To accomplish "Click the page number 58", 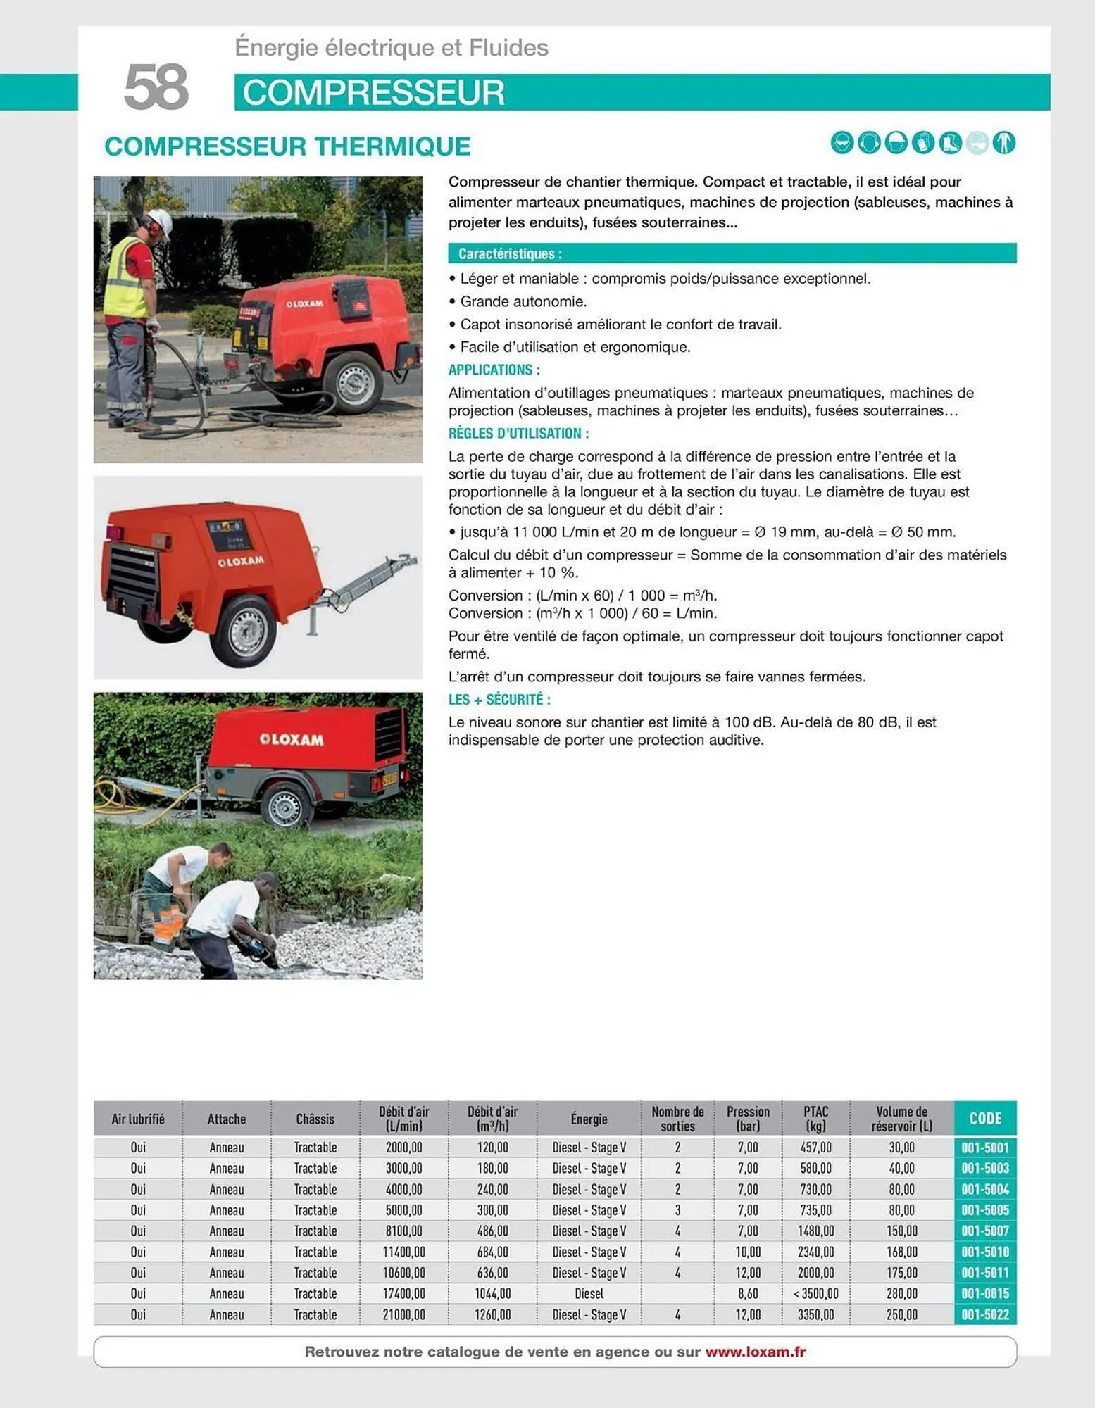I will [156, 87].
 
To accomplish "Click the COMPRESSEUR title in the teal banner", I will [373, 93].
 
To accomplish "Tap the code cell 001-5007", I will [984, 1231].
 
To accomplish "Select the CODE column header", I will [984, 1118].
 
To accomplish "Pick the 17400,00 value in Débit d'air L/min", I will [403, 1293].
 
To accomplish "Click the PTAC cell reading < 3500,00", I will [815, 1293].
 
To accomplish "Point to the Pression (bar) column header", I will [748, 1118].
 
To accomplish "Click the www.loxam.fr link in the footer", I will [755, 1352].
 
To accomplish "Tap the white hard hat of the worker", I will [161, 221].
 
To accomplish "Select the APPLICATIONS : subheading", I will [494, 370].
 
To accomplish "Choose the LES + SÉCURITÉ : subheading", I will [499, 699].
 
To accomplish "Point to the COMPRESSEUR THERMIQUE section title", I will [287, 146].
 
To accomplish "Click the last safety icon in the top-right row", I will [1003, 143].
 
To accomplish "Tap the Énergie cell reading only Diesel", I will [589, 1293].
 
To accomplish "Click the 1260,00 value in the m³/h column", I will [492, 1314].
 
